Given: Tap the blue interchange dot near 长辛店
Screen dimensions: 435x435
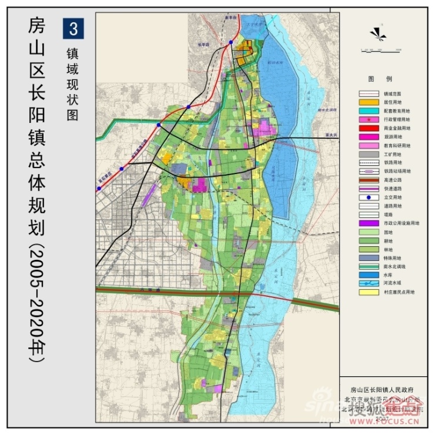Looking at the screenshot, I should [232, 43].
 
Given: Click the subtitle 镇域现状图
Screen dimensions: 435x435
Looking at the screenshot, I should [73, 82].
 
